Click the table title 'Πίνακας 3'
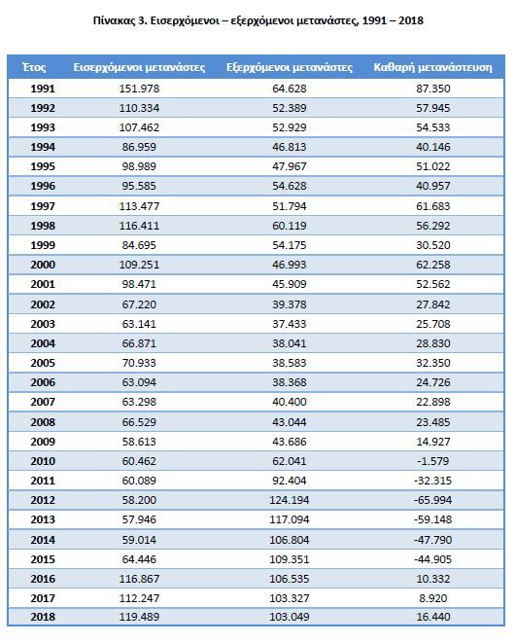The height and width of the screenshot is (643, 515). (x=120, y=20)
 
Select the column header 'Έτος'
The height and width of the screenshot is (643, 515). (x=34, y=67)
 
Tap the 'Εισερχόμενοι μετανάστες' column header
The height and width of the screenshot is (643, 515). (x=139, y=67)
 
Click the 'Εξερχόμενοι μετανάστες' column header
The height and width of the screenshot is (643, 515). (x=290, y=67)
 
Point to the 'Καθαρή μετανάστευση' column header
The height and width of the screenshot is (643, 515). (x=433, y=67)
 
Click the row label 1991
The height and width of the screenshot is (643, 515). (x=43, y=89)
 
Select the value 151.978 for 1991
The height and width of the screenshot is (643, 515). (x=139, y=89)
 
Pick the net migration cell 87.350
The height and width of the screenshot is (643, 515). (x=433, y=89)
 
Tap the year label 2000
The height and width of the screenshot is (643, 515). (x=43, y=265)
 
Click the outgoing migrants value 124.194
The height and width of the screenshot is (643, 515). (x=290, y=500)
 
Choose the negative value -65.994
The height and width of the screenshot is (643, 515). (x=433, y=500)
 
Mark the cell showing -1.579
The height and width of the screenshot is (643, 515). (x=433, y=461)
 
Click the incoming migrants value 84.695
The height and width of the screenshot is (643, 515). (x=139, y=245)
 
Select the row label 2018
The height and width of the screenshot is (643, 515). (x=43, y=617)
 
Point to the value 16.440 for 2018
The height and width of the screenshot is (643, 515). (x=433, y=617)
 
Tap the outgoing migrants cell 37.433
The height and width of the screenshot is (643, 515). (x=290, y=324)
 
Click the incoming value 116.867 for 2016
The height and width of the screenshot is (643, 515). (x=139, y=579)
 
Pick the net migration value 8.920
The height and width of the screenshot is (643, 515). (x=433, y=598)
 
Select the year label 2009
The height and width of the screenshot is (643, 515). (x=43, y=442)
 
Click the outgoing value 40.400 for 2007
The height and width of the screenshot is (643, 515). (x=290, y=402)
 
